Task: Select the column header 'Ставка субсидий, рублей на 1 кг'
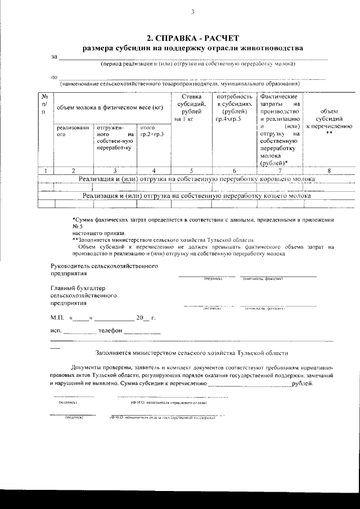[191, 108]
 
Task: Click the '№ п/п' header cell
[44, 105]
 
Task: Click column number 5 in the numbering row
[191, 170]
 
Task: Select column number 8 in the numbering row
[328, 170]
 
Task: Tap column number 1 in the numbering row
[44, 170]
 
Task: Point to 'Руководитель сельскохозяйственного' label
[104, 265]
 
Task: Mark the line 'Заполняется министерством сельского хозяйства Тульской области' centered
[192, 353]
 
